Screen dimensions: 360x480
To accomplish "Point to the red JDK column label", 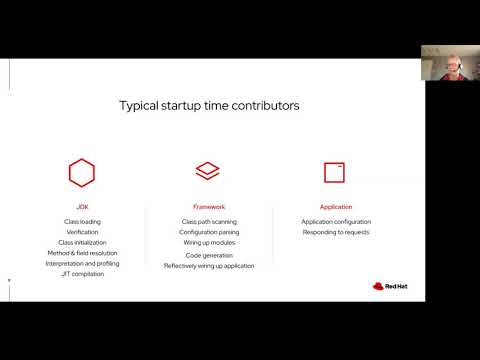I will coord(81,209).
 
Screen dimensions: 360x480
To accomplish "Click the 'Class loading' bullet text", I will coord(81,221).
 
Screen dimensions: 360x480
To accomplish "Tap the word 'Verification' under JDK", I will coord(81,232).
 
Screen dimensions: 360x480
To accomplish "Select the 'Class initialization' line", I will coord(81,243).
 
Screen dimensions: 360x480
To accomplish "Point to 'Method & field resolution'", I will coord(81,253).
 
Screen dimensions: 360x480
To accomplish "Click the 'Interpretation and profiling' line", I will coord(81,263).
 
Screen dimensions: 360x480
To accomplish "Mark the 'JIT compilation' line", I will coord(81,274).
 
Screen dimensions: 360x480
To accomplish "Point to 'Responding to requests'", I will coord(336,232).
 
